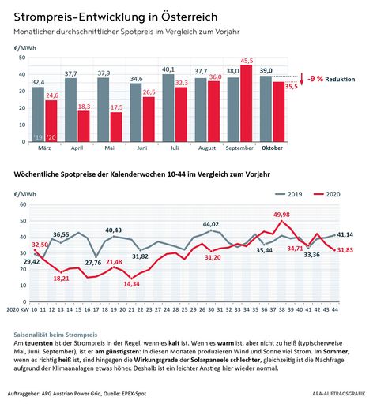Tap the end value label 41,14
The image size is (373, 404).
pyautogui.click(x=345, y=235)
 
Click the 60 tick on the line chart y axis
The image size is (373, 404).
pyautogui.click(x=18, y=204)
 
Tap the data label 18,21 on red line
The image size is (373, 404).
pyautogui.click(x=62, y=279)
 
